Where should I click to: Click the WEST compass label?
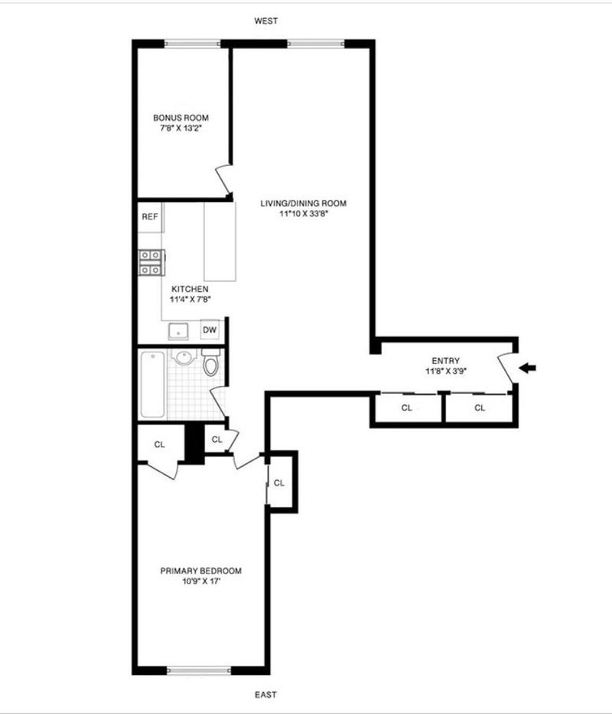pos(265,21)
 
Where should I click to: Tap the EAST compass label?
pos(265,694)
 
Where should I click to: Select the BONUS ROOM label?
pos(181,118)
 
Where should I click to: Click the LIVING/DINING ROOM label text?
pos(304,203)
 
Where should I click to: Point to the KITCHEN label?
pos(190,289)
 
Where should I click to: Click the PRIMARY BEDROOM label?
pos(201,570)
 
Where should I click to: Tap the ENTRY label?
pos(446,361)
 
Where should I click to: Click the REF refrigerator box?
pos(150,217)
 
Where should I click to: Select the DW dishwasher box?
pos(210,329)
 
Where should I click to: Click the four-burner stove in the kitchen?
pos(151,263)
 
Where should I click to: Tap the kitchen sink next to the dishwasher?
pos(178,331)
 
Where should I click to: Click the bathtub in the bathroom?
pos(152,385)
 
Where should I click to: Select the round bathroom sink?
pos(184,357)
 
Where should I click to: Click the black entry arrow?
pos(528,368)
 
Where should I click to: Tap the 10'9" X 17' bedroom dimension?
pos(201,581)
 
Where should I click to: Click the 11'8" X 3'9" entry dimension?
pos(446,371)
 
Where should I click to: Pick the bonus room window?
pos(192,44)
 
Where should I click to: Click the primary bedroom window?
pos(199,670)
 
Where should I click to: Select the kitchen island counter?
pos(220,242)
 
